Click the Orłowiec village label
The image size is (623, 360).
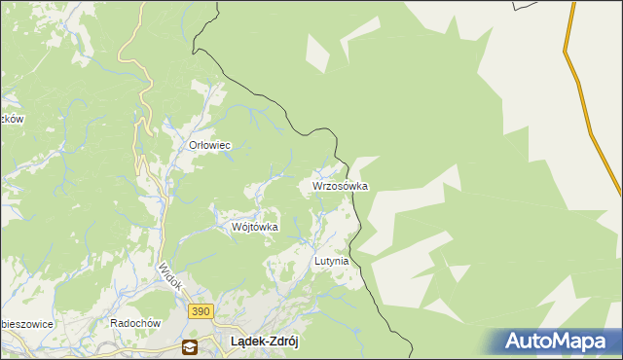click(x=208, y=145)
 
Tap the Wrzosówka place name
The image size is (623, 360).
click(x=340, y=185)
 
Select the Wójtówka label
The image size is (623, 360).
click(x=254, y=227)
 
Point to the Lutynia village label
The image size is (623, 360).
click(x=331, y=262)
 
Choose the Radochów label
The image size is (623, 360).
click(x=133, y=324)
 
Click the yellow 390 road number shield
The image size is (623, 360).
click(x=201, y=309)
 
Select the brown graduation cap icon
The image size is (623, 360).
click(x=189, y=346)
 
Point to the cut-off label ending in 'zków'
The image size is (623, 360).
click(x=12, y=119)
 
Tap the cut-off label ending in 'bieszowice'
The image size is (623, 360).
click(x=26, y=324)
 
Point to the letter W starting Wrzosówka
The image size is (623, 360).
click(x=316, y=185)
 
